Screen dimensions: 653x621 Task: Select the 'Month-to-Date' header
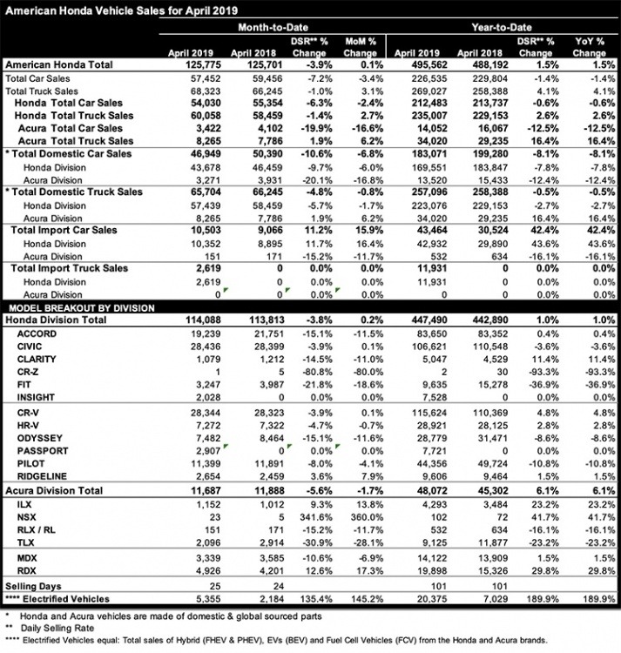pos(271,28)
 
